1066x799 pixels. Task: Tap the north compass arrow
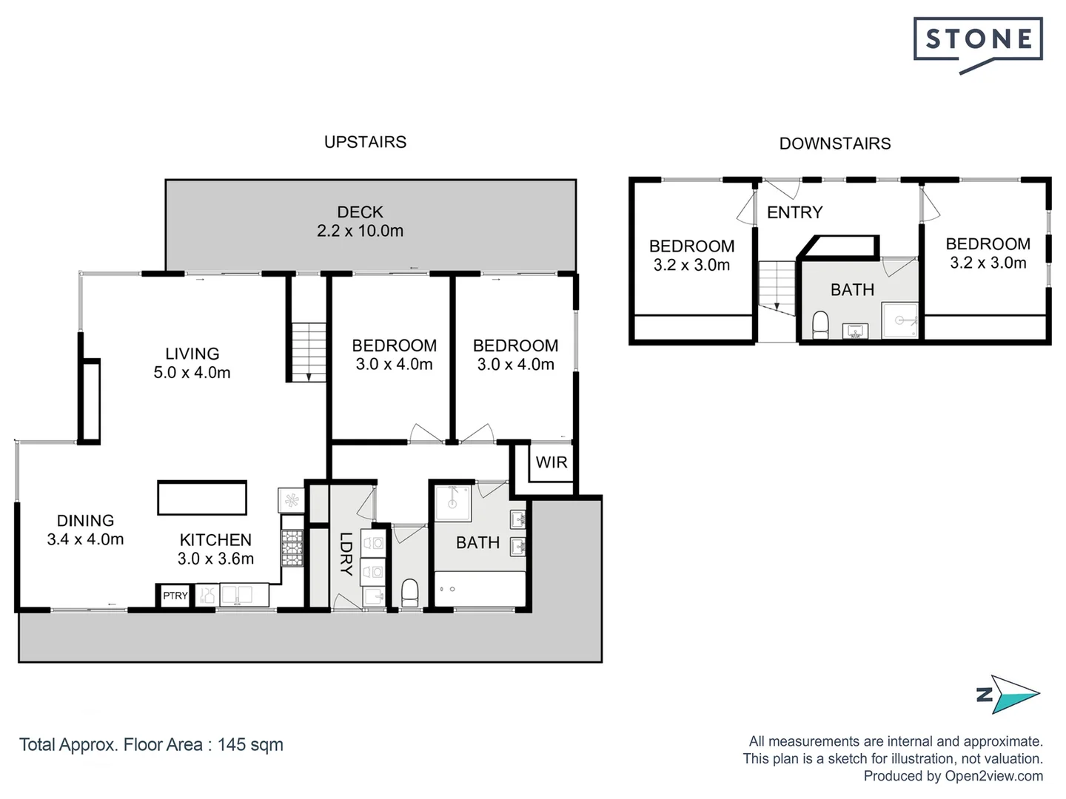click(1013, 694)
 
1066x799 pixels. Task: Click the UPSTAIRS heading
click(365, 142)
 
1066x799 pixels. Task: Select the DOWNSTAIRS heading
click(834, 144)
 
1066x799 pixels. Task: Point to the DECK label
click(360, 212)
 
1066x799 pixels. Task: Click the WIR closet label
click(551, 462)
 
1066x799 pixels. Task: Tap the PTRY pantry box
click(175, 596)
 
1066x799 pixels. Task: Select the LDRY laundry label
click(346, 554)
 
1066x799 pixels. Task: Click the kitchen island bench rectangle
click(201, 498)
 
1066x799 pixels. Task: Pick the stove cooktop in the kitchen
click(292, 548)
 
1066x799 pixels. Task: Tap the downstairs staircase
click(777, 285)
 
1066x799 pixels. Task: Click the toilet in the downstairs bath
click(820, 324)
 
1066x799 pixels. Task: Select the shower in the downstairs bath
click(900, 320)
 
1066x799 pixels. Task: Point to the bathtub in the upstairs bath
click(480, 589)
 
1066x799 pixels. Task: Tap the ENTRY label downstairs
click(794, 213)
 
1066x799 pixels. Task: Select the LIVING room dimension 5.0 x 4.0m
click(192, 373)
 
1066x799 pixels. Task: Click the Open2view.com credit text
click(993, 776)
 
